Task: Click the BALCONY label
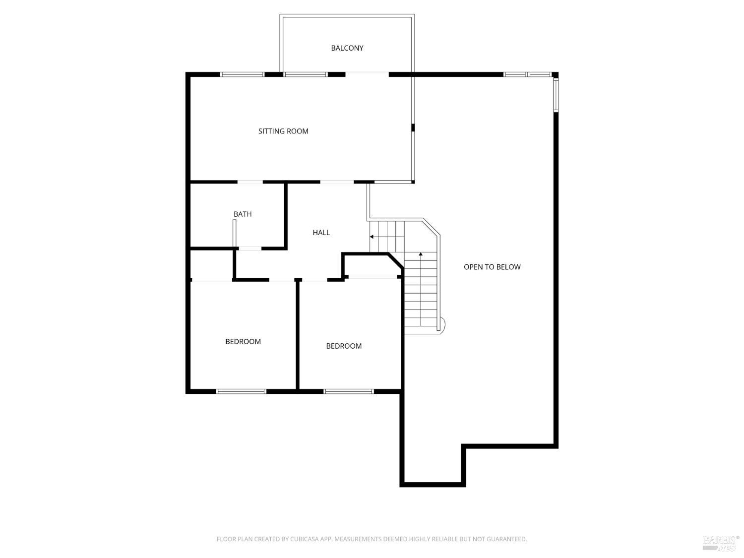[347, 48]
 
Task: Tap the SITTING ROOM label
[283, 131]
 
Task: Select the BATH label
[243, 214]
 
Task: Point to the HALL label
[321, 233]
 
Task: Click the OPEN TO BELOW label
[492, 267]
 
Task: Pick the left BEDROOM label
[243, 342]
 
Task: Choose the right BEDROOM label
[344, 346]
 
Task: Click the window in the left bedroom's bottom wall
[241, 391]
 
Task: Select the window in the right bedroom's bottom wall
[349, 391]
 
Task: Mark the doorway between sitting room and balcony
[367, 74]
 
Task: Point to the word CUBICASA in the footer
[303, 539]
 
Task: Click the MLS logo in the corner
[721, 543]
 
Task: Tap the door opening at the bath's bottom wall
[250, 248]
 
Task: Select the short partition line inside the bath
[234, 233]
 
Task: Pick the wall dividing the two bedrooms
[298, 334]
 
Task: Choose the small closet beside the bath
[211, 264]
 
